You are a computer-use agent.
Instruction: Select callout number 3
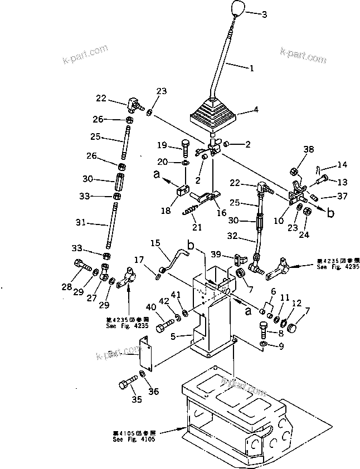coord(264,13)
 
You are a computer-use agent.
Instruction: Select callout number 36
coord(153,392)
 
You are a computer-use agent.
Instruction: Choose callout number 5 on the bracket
coord(173,336)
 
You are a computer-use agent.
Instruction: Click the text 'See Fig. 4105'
coord(133,438)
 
